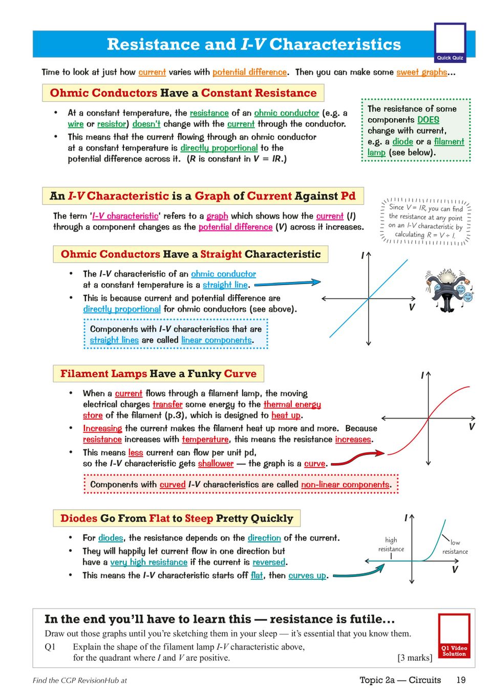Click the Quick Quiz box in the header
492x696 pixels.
tap(450, 42)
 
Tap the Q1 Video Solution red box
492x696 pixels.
tap(454, 636)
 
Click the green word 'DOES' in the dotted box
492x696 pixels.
tap(428, 120)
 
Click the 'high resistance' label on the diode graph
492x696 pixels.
tap(391, 545)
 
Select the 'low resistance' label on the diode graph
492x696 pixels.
tap(455, 547)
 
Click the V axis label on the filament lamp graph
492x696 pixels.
tap(472, 427)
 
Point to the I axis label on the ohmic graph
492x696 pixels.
tap(362, 255)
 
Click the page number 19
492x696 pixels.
tap(461, 680)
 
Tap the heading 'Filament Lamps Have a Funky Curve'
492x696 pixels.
tap(158, 374)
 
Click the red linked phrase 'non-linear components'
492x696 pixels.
tap(346, 485)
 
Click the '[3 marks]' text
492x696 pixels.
tap(414, 658)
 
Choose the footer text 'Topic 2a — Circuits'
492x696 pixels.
tap(400, 680)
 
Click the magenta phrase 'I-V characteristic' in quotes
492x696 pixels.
tap(125, 216)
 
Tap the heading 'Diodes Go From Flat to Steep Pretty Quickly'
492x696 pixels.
tap(177, 518)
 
